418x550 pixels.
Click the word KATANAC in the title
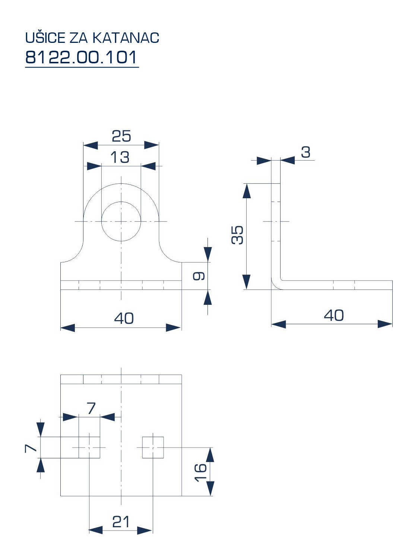pyautogui.click(x=126, y=38)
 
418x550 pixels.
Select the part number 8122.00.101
pyautogui.click(x=81, y=57)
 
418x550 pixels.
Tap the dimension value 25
pyautogui.click(x=121, y=136)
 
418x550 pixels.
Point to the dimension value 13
pyautogui.click(x=120, y=157)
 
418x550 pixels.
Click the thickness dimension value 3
pyautogui.click(x=305, y=152)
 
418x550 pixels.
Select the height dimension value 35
pyautogui.click(x=237, y=235)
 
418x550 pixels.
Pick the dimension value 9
pyautogui.click(x=199, y=276)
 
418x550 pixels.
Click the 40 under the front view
pyautogui.click(x=124, y=318)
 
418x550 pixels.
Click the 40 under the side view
pyautogui.click(x=333, y=315)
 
